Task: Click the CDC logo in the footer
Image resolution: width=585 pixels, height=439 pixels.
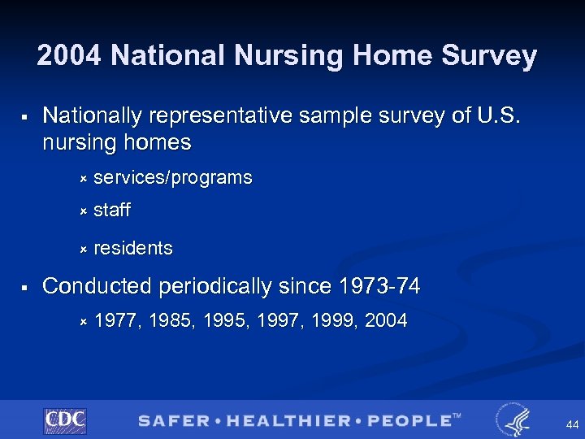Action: coord(65,420)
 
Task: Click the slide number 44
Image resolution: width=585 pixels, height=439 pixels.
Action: coord(572,424)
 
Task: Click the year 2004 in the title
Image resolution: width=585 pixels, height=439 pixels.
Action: coord(70,56)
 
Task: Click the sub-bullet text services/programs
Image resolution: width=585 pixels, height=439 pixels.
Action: coord(173,177)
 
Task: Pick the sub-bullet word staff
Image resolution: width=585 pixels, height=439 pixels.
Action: coord(112,211)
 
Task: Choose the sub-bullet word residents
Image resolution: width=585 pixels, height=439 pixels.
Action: coord(133,248)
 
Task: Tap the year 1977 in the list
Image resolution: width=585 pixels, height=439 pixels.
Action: coord(115,321)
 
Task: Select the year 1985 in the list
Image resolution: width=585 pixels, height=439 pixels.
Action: coord(169,321)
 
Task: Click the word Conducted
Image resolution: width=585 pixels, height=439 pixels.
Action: coord(97,286)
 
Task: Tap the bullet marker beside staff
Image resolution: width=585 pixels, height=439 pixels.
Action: coord(82,211)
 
